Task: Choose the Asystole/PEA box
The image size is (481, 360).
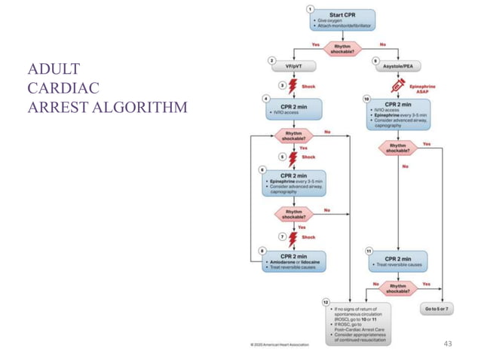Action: pos(397,66)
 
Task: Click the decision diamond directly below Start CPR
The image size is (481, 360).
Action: pos(342,49)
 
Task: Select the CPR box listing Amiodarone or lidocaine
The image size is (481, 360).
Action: pos(293,261)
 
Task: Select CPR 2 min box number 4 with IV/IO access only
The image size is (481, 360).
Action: pos(293,110)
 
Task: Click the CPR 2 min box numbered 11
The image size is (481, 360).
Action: pos(397,261)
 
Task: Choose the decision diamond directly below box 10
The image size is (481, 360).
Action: pos(397,145)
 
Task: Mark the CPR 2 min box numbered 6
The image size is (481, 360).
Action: pos(293,182)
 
